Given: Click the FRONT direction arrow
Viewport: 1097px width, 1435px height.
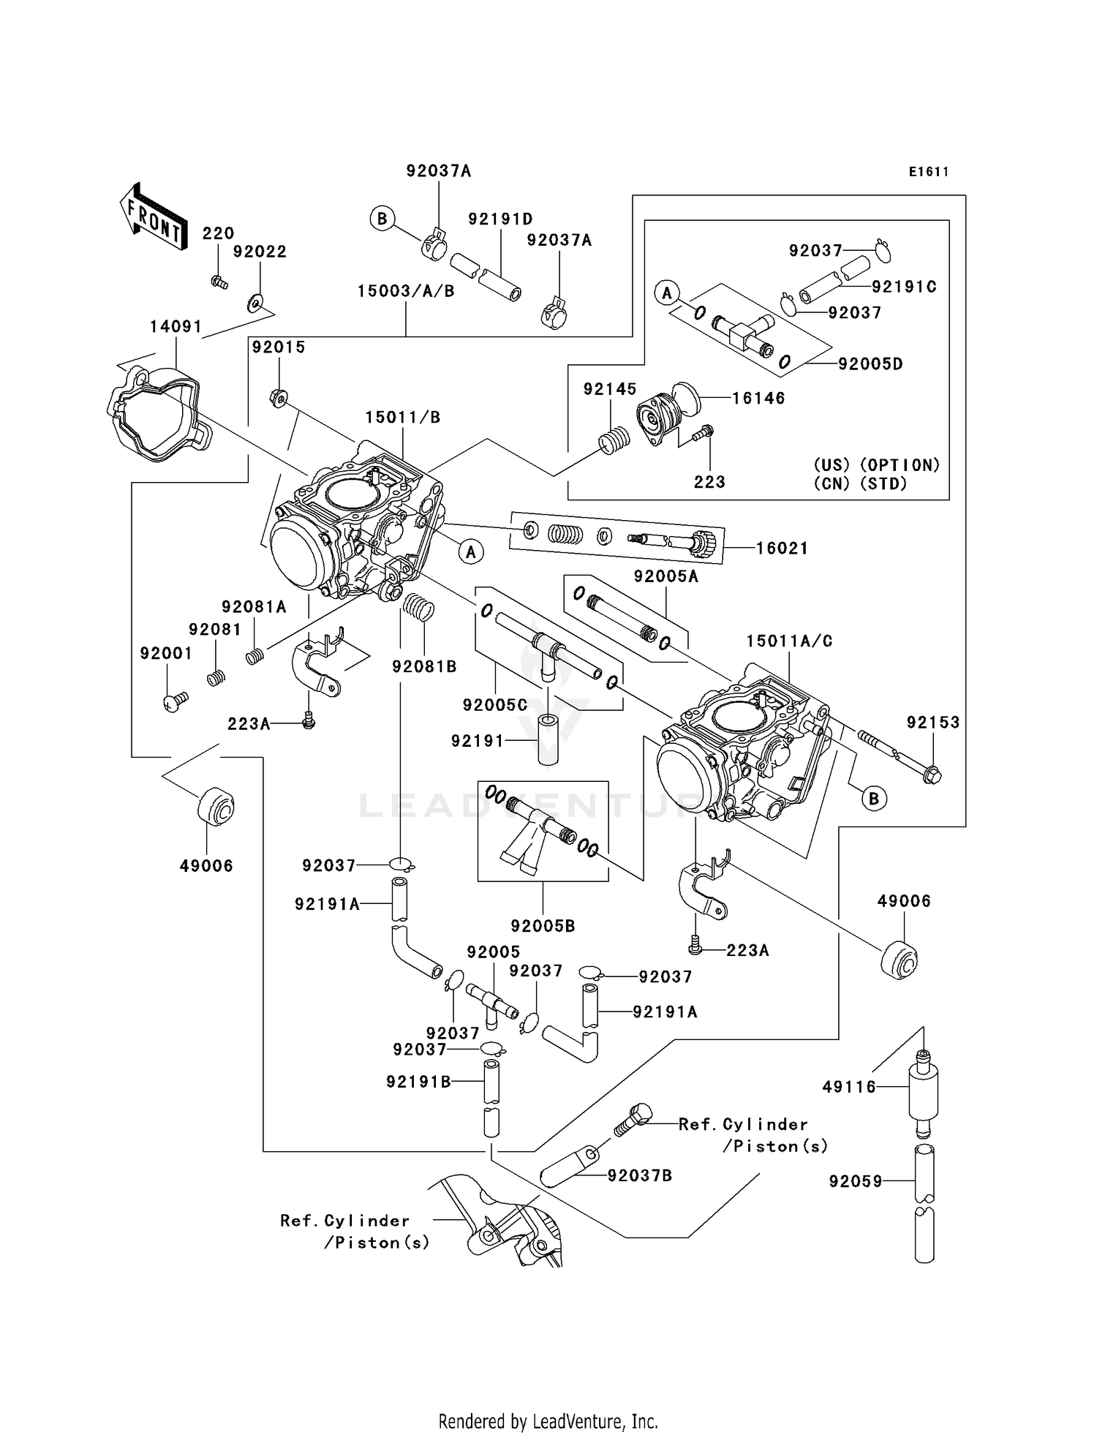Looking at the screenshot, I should [x=152, y=217].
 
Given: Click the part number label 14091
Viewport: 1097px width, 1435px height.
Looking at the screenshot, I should [x=176, y=326].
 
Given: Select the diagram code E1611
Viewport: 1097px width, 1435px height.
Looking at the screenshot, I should [x=929, y=172].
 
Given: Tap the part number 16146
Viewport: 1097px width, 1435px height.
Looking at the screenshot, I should [x=758, y=398].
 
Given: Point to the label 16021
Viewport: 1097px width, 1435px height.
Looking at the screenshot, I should [x=782, y=548].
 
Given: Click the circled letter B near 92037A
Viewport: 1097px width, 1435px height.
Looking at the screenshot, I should [x=382, y=219].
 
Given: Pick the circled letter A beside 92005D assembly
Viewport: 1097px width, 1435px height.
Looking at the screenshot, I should [x=666, y=293].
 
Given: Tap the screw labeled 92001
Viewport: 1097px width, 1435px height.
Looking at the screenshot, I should [x=174, y=702].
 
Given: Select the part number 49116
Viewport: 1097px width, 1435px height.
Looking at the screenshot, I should [x=848, y=1087].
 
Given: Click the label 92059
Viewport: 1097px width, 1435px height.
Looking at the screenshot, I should [x=856, y=1180].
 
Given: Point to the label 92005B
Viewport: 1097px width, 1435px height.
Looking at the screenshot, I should [x=543, y=925].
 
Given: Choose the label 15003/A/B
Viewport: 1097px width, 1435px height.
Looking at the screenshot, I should [x=406, y=291].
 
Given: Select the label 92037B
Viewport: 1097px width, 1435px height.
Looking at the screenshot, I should [x=639, y=1175].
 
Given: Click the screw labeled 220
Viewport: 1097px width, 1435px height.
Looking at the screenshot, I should [x=219, y=282].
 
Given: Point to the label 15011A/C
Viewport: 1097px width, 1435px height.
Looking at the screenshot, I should [x=789, y=641].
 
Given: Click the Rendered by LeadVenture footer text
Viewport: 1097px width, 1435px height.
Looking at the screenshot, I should [x=548, y=1420].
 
